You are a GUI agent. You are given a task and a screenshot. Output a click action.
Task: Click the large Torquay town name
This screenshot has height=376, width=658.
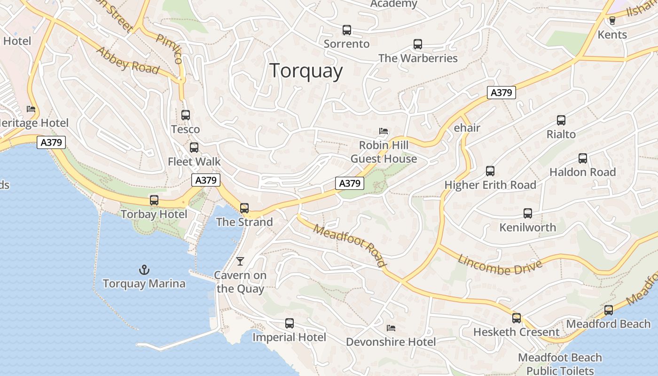click(306, 70)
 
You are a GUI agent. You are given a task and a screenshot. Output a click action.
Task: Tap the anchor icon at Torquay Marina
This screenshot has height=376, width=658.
click(144, 270)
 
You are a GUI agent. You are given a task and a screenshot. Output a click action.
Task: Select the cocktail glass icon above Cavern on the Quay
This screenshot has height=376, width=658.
click(240, 261)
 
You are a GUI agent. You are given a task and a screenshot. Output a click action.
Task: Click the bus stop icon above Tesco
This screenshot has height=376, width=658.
click(186, 115)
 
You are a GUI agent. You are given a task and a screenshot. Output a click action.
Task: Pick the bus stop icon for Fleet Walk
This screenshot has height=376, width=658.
click(194, 148)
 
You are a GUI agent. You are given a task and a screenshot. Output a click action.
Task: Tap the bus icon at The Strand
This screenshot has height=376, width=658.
click(244, 208)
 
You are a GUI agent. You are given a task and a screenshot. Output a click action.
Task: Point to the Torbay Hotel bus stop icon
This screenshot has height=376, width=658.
click(154, 200)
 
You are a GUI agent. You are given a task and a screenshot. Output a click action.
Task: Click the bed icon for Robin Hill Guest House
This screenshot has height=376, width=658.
click(384, 131)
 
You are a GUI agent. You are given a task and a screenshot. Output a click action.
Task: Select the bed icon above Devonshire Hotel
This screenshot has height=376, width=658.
click(391, 328)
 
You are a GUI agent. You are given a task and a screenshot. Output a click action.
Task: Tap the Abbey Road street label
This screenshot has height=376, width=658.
click(127, 61)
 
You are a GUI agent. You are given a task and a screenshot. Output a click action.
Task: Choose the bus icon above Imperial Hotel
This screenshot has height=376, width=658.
click(290, 323)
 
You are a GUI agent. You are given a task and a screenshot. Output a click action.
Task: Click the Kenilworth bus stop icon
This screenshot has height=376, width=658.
click(528, 213)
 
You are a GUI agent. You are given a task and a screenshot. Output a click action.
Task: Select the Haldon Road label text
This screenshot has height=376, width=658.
click(582, 172)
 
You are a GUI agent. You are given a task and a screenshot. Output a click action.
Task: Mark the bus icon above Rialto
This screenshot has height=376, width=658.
click(561, 120)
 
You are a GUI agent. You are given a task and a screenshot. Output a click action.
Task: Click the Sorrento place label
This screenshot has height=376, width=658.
click(347, 44)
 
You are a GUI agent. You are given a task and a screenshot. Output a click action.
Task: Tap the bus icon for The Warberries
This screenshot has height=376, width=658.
click(418, 44)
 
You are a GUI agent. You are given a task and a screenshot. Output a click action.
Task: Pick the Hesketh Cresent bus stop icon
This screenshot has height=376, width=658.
click(517, 318)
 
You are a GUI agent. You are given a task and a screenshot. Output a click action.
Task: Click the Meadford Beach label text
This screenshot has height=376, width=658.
click(608, 324)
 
